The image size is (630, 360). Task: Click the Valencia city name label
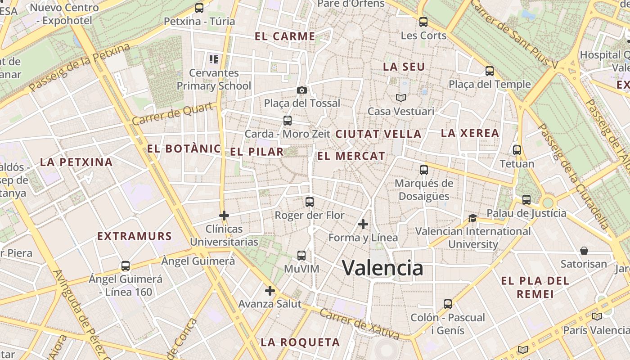click(382, 268)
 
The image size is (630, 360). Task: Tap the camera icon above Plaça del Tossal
click(302, 90)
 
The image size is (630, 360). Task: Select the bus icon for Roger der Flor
click(309, 202)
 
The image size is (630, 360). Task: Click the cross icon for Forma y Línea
click(363, 224)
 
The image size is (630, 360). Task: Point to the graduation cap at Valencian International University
click(472, 218)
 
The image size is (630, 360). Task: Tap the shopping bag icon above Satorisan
click(584, 250)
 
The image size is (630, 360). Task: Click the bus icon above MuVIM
click(301, 256)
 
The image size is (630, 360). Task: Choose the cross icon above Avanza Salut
click(270, 291)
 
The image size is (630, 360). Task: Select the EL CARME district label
click(285, 36)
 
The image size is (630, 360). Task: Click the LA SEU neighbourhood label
click(404, 67)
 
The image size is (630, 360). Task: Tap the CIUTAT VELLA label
click(378, 134)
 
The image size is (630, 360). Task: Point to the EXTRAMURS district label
click(135, 236)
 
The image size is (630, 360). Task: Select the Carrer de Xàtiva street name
click(359, 324)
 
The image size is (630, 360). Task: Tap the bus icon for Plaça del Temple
click(489, 71)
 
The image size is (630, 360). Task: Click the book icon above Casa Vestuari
click(400, 98)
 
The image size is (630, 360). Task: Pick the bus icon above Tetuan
click(517, 150)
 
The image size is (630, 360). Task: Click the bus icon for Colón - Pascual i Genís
click(447, 304)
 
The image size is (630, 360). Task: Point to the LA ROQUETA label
click(300, 342)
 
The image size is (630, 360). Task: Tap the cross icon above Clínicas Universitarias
click(224, 216)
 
